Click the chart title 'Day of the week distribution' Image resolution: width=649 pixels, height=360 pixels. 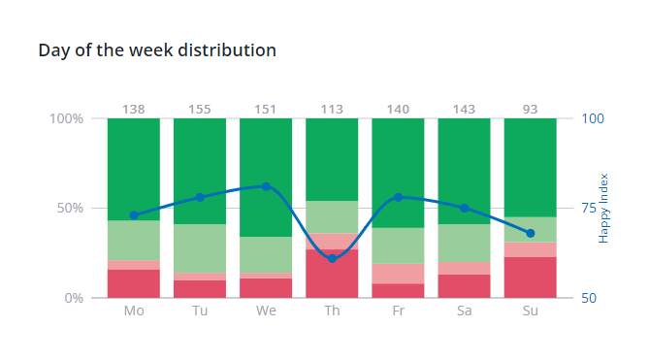[x=157, y=49]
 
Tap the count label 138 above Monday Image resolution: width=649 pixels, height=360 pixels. [x=134, y=110]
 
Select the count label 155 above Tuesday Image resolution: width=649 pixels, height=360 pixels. [x=200, y=110]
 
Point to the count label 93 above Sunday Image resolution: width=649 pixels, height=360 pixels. [x=531, y=110]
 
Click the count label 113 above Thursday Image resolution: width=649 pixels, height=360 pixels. [x=332, y=110]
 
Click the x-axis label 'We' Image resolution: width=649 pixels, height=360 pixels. [x=266, y=311]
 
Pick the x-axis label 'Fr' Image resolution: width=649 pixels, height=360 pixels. [x=398, y=311]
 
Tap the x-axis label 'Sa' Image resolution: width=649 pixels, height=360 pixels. [x=464, y=311]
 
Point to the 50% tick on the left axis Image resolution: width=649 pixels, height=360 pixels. [x=67, y=209]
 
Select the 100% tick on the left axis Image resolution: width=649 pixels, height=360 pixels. [x=64, y=118]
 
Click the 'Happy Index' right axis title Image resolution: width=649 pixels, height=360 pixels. [x=603, y=208]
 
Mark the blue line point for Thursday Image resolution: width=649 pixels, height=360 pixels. [x=332, y=258]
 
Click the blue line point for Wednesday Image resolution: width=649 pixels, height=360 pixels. [x=266, y=186]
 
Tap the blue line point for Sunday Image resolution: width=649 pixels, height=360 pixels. [x=531, y=233]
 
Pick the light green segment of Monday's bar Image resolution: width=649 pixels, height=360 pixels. [x=134, y=240]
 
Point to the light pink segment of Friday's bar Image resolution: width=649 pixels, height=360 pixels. [x=398, y=273]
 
